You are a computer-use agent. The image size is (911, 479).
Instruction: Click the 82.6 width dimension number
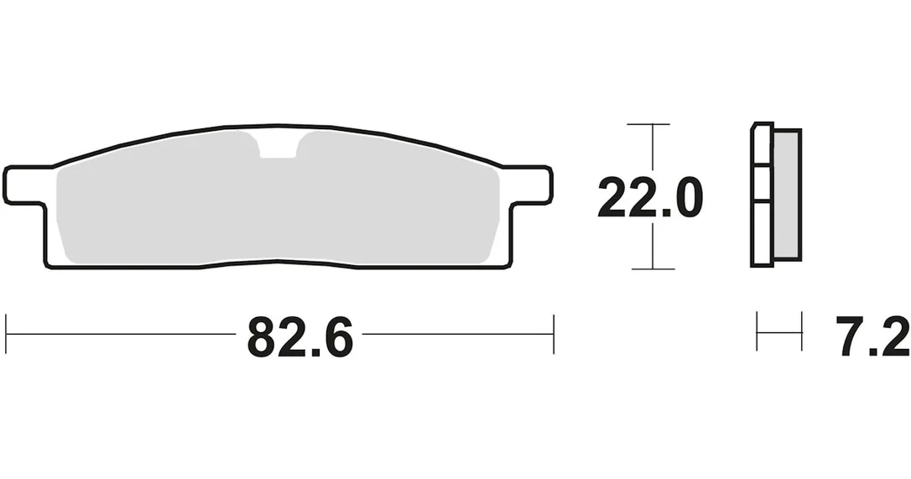click(300, 337)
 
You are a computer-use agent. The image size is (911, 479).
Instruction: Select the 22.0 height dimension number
click(650, 198)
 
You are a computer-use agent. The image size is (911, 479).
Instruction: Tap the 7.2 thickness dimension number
click(872, 336)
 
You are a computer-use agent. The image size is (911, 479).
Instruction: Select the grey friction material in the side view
click(787, 194)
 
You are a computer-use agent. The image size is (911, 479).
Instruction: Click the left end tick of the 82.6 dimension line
click(6, 334)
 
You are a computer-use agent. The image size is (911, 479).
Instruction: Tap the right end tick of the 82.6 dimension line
click(554, 334)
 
